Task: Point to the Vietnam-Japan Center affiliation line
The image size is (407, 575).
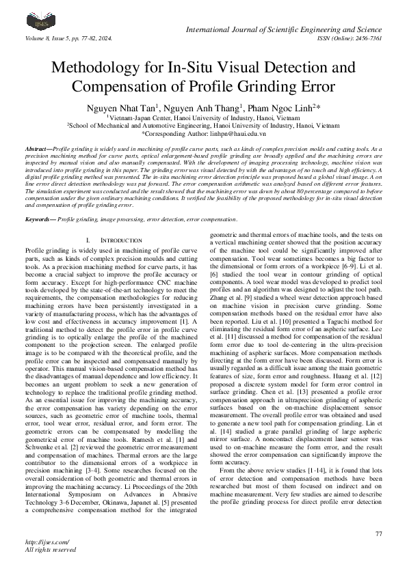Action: tap(203, 117)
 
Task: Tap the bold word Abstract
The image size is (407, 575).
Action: tap(36, 148)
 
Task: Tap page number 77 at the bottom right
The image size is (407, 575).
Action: tap(378, 533)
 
